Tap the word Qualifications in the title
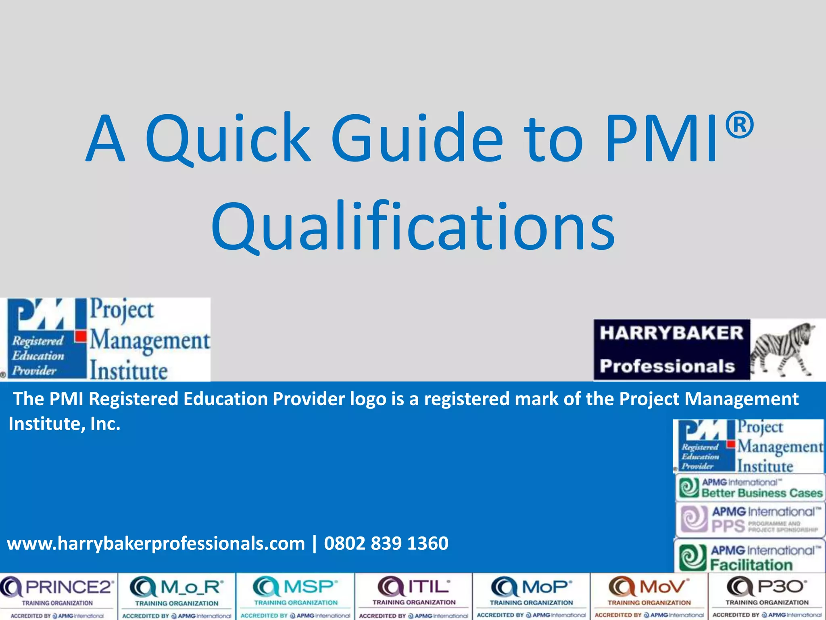pos(413,226)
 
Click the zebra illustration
pos(782,349)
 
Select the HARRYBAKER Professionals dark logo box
pos(672,350)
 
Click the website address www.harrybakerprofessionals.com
pos(156,543)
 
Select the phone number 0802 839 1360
pos(386,543)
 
